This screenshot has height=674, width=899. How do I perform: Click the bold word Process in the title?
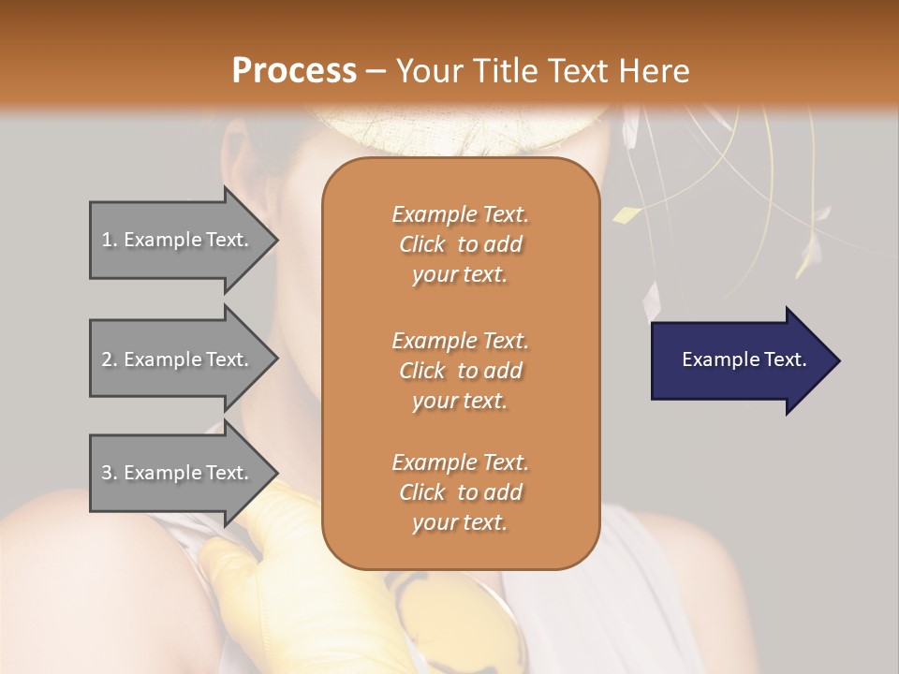[x=294, y=71]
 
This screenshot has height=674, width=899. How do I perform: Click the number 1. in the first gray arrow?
[x=110, y=241]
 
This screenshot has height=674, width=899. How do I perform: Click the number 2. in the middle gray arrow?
[x=110, y=359]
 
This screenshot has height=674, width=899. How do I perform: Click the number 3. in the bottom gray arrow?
[x=110, y=473]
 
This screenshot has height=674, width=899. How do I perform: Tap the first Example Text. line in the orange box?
[x=460, y=214]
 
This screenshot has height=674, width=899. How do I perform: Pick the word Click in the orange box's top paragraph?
[x=421, y=245]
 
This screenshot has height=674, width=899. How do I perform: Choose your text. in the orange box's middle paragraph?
[x=460, y=401]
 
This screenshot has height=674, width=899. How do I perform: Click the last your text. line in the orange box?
[x=460, y=523]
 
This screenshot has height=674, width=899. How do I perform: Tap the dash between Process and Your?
[x=376, y=71]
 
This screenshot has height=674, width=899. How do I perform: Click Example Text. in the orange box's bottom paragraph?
[x=460, y=462]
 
